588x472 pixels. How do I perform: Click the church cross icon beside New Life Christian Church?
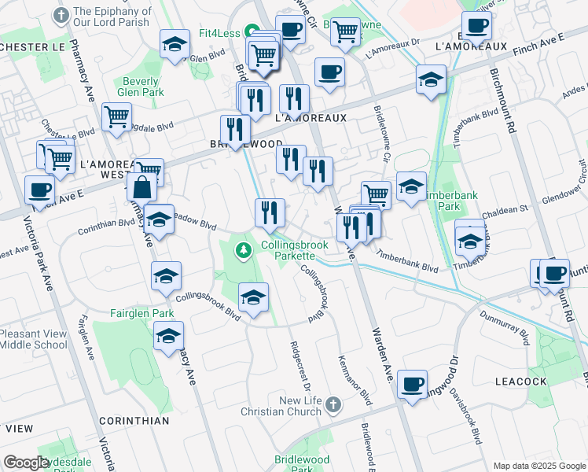(333, 405)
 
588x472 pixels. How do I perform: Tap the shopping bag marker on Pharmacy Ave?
(142, 188)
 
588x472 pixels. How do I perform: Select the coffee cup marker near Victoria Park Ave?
(39, 189)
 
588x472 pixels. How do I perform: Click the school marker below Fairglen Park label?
(168, 336)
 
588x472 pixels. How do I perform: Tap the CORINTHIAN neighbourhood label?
(134, 421)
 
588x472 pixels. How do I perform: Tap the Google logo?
(25, 463)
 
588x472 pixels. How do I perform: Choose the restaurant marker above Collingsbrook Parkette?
(269, 212)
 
